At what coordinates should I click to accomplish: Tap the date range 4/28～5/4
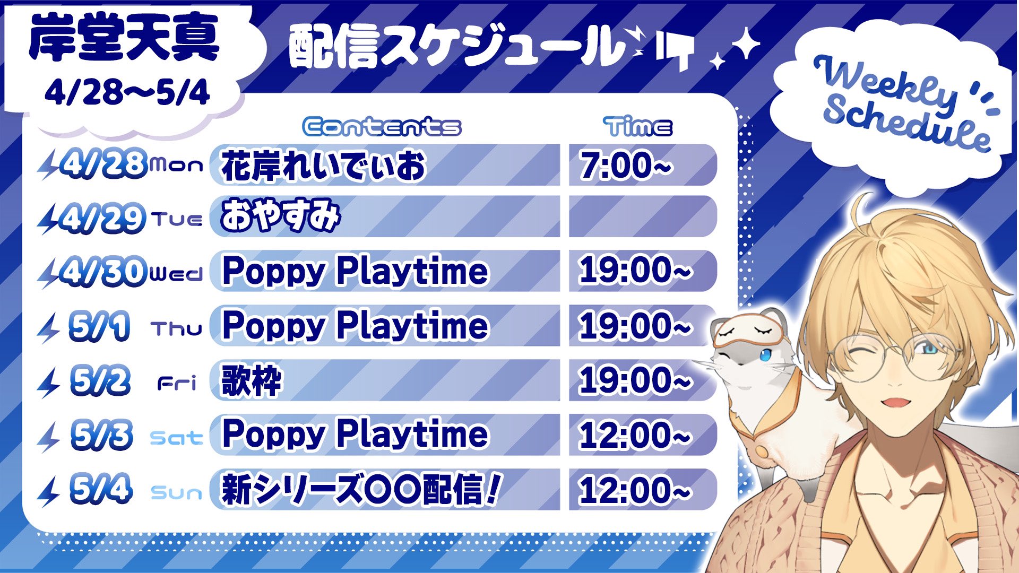[x=127, y=93]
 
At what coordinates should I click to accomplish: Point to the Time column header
[x=638, y=127]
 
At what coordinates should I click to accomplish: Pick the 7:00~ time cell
[x=625, y=165]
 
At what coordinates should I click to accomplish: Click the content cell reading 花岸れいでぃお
[x=324, y=166]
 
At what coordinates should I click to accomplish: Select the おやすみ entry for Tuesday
[x=280, y=216]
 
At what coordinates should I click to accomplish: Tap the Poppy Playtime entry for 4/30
[x=355, y=272]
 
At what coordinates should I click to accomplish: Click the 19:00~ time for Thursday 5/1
[x=635, y=325]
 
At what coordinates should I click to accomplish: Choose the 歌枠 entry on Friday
[x=252, y=380]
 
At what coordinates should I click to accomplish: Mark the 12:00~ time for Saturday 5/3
[x=635, y=435]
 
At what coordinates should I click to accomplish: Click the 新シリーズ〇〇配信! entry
[x=361, y=490]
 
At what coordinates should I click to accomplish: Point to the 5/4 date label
[x=101, y=489]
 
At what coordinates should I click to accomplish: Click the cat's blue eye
[x=765, y=355]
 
